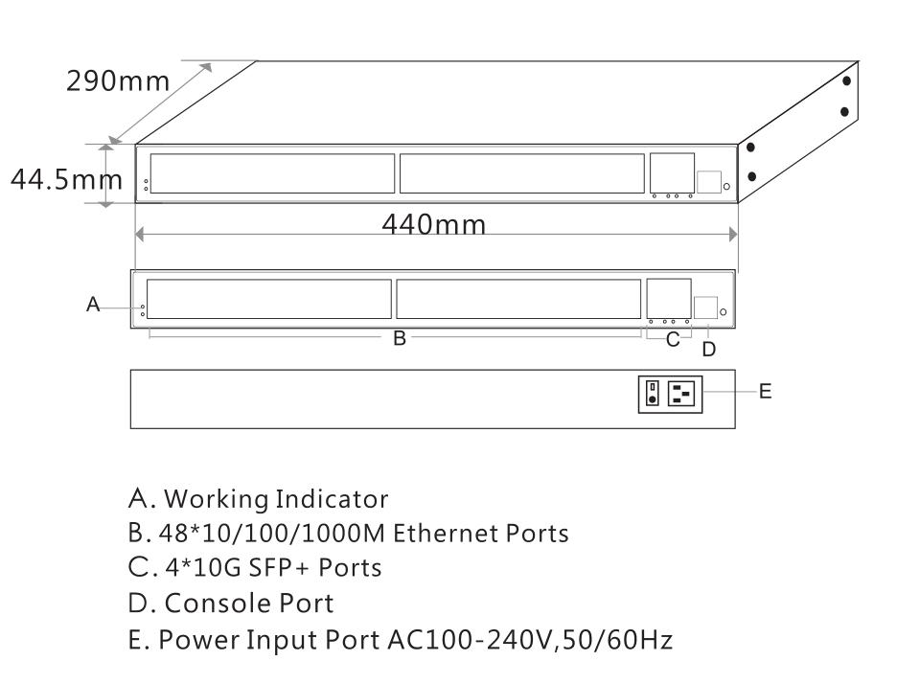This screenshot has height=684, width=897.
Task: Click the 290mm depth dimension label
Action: coord(117,80)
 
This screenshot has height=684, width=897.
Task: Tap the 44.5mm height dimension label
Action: coord(64,179)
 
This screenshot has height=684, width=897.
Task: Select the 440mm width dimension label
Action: coord(434,226)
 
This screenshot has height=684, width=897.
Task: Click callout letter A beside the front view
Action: coord(93,304)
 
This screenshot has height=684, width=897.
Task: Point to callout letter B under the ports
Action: coord(400,338)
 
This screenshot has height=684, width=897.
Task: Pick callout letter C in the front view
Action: coord(673,338)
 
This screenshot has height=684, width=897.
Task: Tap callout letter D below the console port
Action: coord(708,350)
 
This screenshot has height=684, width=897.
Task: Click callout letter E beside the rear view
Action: coord(765,391)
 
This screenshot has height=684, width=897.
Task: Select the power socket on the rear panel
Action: coord(685,393)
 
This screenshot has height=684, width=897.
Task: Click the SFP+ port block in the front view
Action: coord(669,297)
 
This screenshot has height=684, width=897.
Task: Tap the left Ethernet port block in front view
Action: coord(269,299)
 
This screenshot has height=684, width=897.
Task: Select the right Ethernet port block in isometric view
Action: coord(521,173)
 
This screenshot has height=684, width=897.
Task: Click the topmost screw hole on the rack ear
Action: coord(846,80)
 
